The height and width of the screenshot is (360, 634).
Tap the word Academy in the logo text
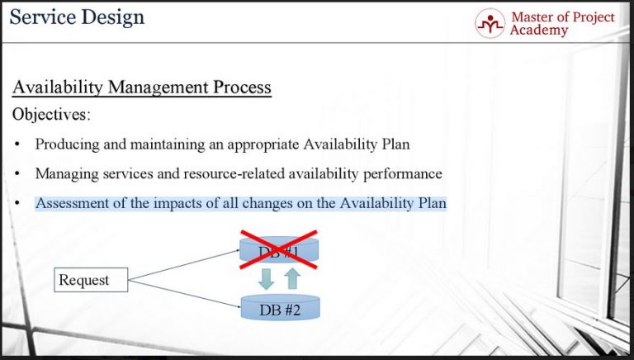539,31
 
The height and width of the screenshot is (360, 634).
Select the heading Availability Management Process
141,87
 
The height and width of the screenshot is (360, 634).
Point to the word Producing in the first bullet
66,144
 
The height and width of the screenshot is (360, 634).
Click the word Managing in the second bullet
64,174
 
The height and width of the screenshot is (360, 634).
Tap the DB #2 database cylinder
279,308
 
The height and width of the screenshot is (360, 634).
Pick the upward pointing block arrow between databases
292,278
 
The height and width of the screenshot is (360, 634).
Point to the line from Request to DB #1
186,263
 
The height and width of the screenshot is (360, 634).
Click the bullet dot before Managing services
17,174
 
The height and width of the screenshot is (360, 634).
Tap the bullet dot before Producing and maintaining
17,144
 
